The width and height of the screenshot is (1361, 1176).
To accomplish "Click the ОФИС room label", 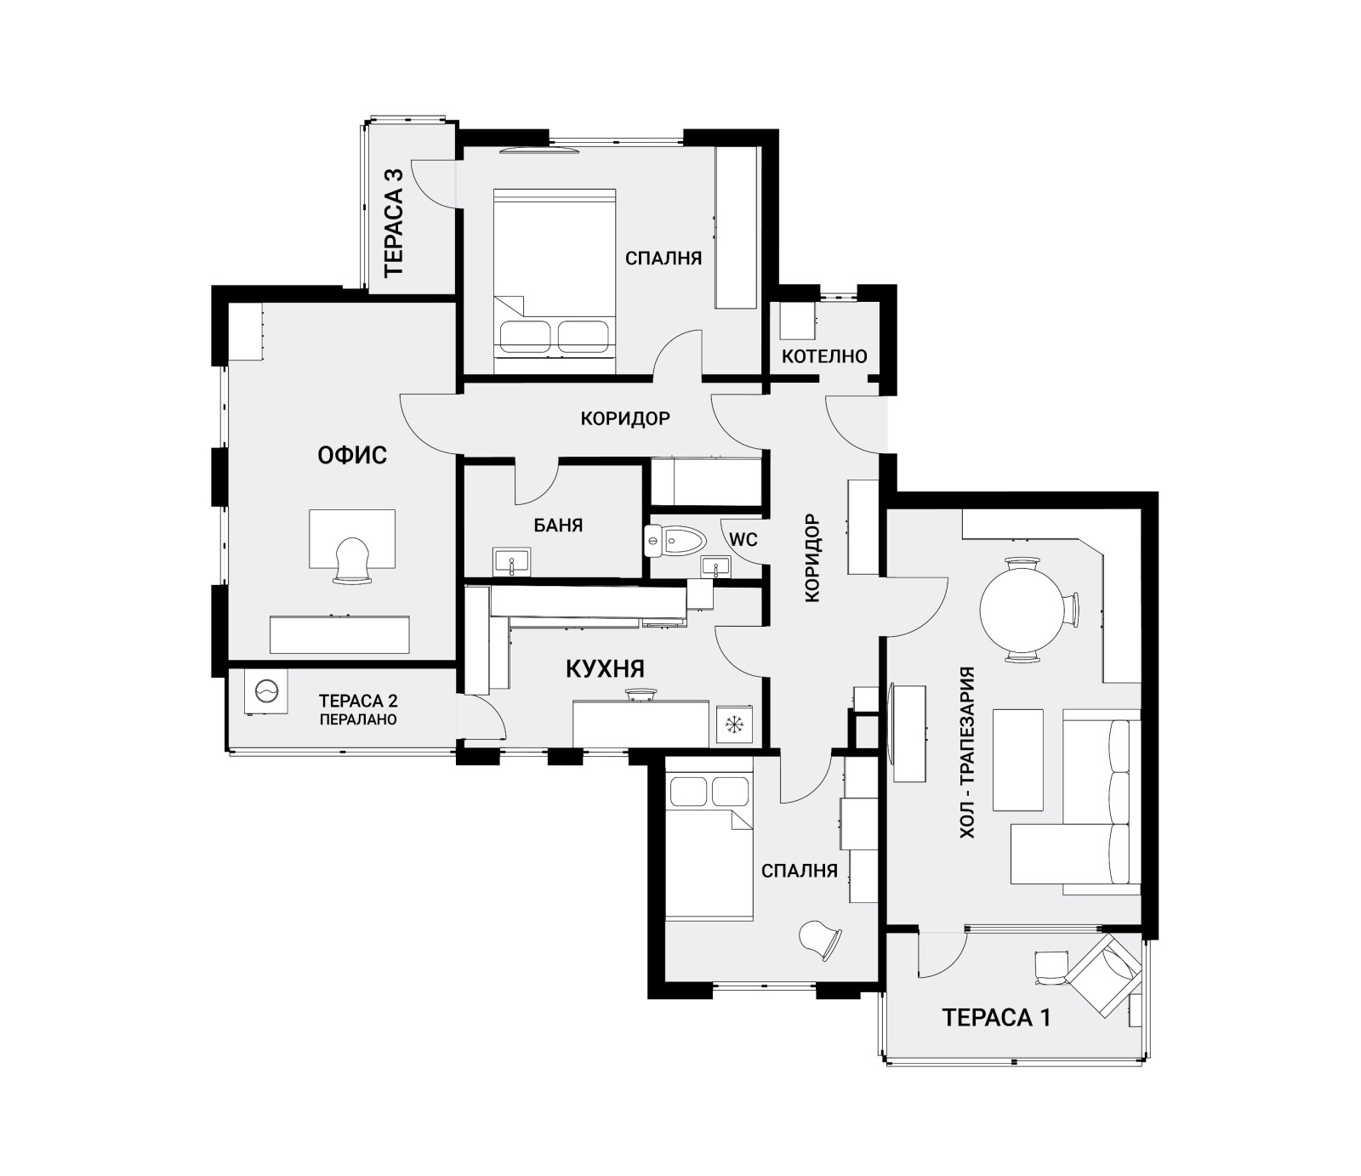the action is click(x=352, y=455).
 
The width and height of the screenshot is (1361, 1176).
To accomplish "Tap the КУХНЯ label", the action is click(x=605, y=669).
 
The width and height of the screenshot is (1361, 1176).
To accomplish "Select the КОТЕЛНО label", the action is click(x=824, y=355).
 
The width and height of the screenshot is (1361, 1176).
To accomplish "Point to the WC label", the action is click(x=743, y=540).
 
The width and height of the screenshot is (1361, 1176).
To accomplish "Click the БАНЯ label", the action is click(x=558, y=526).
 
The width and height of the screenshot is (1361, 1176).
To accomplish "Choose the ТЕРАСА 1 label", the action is click(x=996, y=1017).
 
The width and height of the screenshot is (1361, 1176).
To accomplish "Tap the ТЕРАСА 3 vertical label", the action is click(x=394, y=221).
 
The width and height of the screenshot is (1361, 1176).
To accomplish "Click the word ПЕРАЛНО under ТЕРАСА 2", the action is click(x=358, y=719).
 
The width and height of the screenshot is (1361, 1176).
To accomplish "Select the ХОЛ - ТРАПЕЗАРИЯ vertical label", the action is click(x=967, y=753).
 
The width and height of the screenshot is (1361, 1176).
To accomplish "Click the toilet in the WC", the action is click(x=677, y=539).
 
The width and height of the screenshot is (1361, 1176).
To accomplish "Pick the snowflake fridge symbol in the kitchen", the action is click(x=733, y=724).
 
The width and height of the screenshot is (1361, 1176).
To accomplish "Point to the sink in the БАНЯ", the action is click(x=511, y=562).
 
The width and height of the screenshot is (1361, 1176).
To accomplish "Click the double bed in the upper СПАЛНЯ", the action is click(x=555, y=281).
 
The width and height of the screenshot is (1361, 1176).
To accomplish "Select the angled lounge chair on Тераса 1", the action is click(x=1103, y=975).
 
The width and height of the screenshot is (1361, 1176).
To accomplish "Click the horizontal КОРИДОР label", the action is click(x=625, y=418).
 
